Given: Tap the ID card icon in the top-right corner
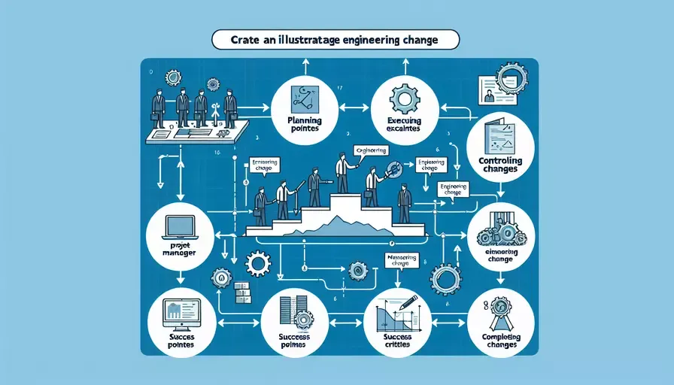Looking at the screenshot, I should [490, 88].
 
